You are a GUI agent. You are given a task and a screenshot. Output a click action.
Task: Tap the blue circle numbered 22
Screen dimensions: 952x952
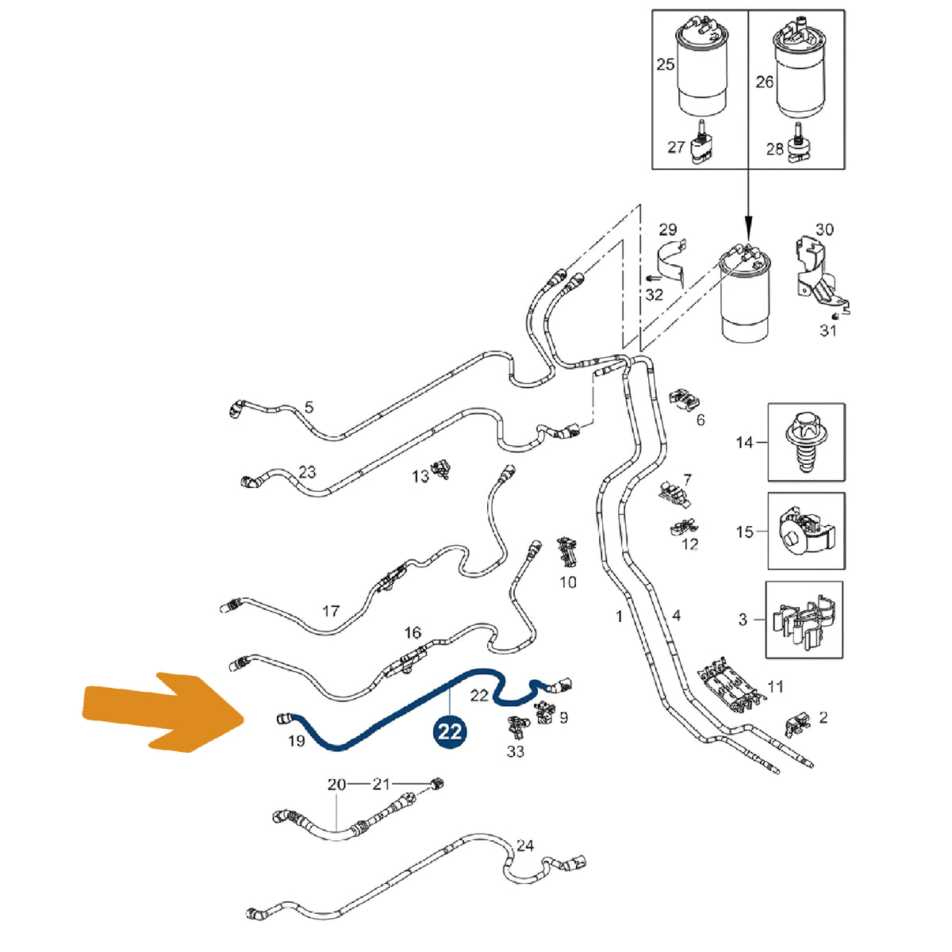(x=450, y=731)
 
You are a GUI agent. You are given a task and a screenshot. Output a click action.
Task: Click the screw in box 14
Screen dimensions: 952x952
(x=806, y=442)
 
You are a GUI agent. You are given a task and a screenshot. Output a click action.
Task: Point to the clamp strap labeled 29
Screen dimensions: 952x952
(x=673, y=263)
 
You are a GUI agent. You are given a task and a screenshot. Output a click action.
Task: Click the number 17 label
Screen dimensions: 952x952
(x=331, y=611)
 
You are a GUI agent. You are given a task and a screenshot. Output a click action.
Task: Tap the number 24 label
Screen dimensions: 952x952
(x=524, y=845)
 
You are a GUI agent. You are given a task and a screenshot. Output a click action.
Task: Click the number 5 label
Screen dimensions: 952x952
(x=309, y=408)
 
